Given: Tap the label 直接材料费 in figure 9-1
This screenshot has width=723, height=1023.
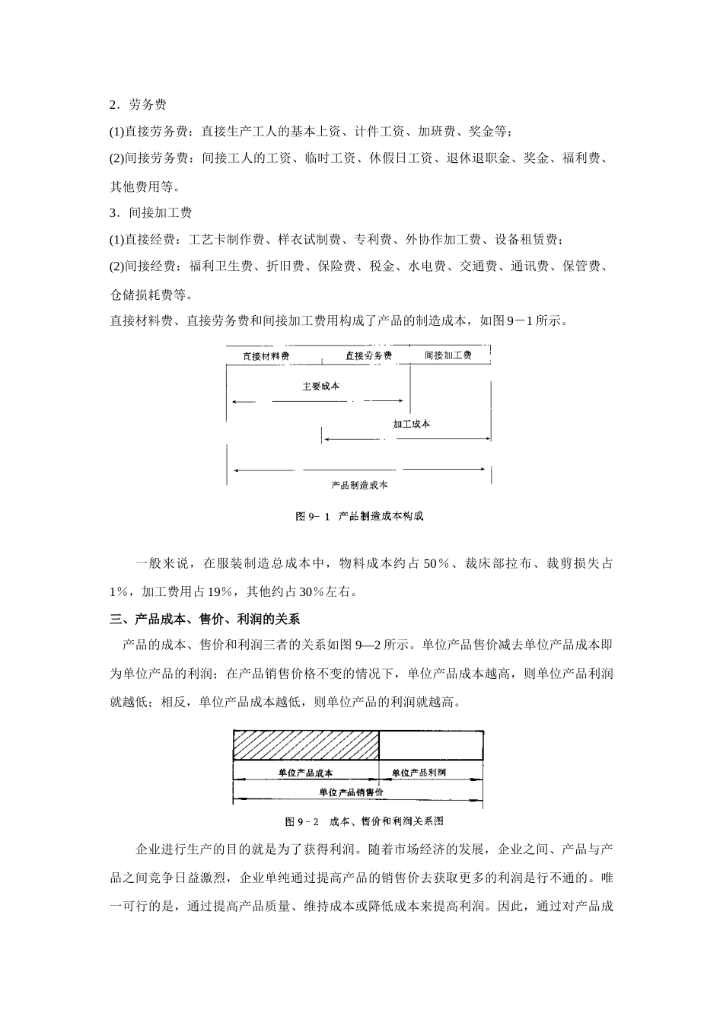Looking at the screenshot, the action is (266, 355).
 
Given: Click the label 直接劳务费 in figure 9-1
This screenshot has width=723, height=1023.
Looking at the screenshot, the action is (368, 355).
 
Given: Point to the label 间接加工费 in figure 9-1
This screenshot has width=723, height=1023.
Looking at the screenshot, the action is (447, 355).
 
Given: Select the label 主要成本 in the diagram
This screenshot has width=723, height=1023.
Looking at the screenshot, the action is (320, 386).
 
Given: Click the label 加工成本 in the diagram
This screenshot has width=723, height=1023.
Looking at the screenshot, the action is (412, 423).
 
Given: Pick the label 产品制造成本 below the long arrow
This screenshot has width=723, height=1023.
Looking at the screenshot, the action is (360, 484).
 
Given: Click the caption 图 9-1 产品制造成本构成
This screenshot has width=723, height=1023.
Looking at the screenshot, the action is (359, 516).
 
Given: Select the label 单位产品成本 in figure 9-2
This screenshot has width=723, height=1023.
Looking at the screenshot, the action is (305, 773).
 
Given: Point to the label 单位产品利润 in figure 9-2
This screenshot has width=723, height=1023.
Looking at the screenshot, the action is (419, 773).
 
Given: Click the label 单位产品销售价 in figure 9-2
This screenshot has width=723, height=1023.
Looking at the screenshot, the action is (351, 792).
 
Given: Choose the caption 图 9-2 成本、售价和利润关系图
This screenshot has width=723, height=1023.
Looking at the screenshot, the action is (364, 821).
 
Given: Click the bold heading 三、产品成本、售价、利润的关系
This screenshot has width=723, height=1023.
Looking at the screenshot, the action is (205, 619).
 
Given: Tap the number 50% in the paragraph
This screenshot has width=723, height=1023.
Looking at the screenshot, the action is (435, 564).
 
